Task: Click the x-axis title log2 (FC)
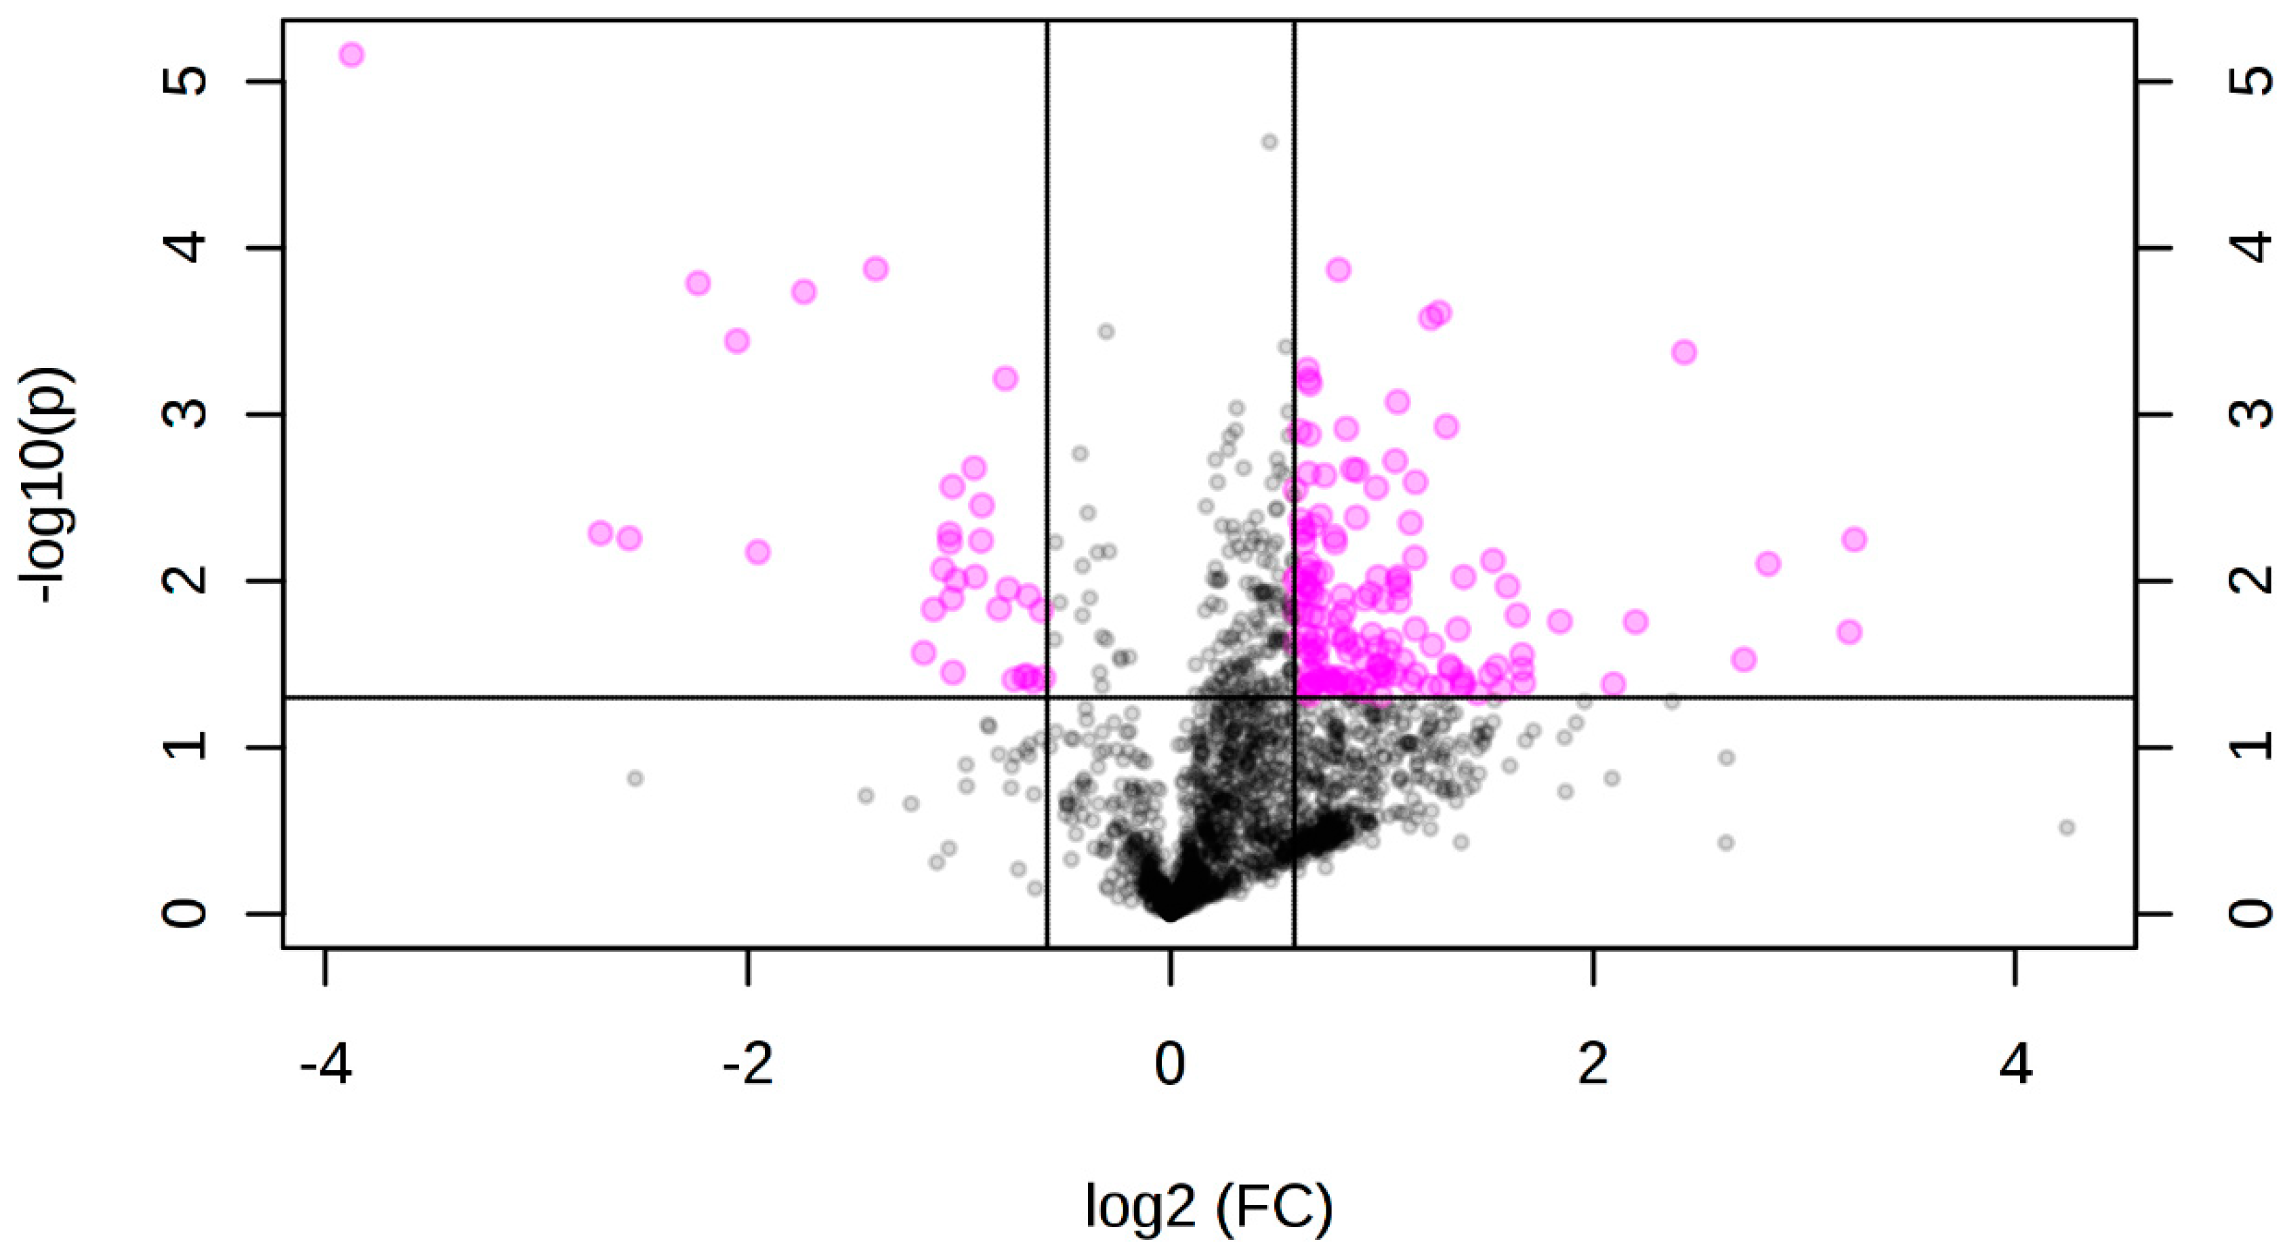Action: pos(1209,1208)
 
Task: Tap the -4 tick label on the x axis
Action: pos(326,1065)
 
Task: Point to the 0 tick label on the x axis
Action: pos(1170,1065)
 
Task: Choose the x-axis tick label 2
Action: pos(1593,1065)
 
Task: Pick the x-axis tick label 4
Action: pos(2015,1065)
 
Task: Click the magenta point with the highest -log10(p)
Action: pos(352,55)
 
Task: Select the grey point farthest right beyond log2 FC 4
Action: pos(2067,827)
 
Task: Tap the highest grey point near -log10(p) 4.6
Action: pos(1270,142)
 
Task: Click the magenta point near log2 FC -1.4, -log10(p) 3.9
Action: pos(875,269)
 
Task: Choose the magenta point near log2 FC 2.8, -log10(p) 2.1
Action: pos(1768,563)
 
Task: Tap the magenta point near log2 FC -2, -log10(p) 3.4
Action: pos(737,341)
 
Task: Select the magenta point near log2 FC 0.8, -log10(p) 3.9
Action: pos(1339,269)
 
